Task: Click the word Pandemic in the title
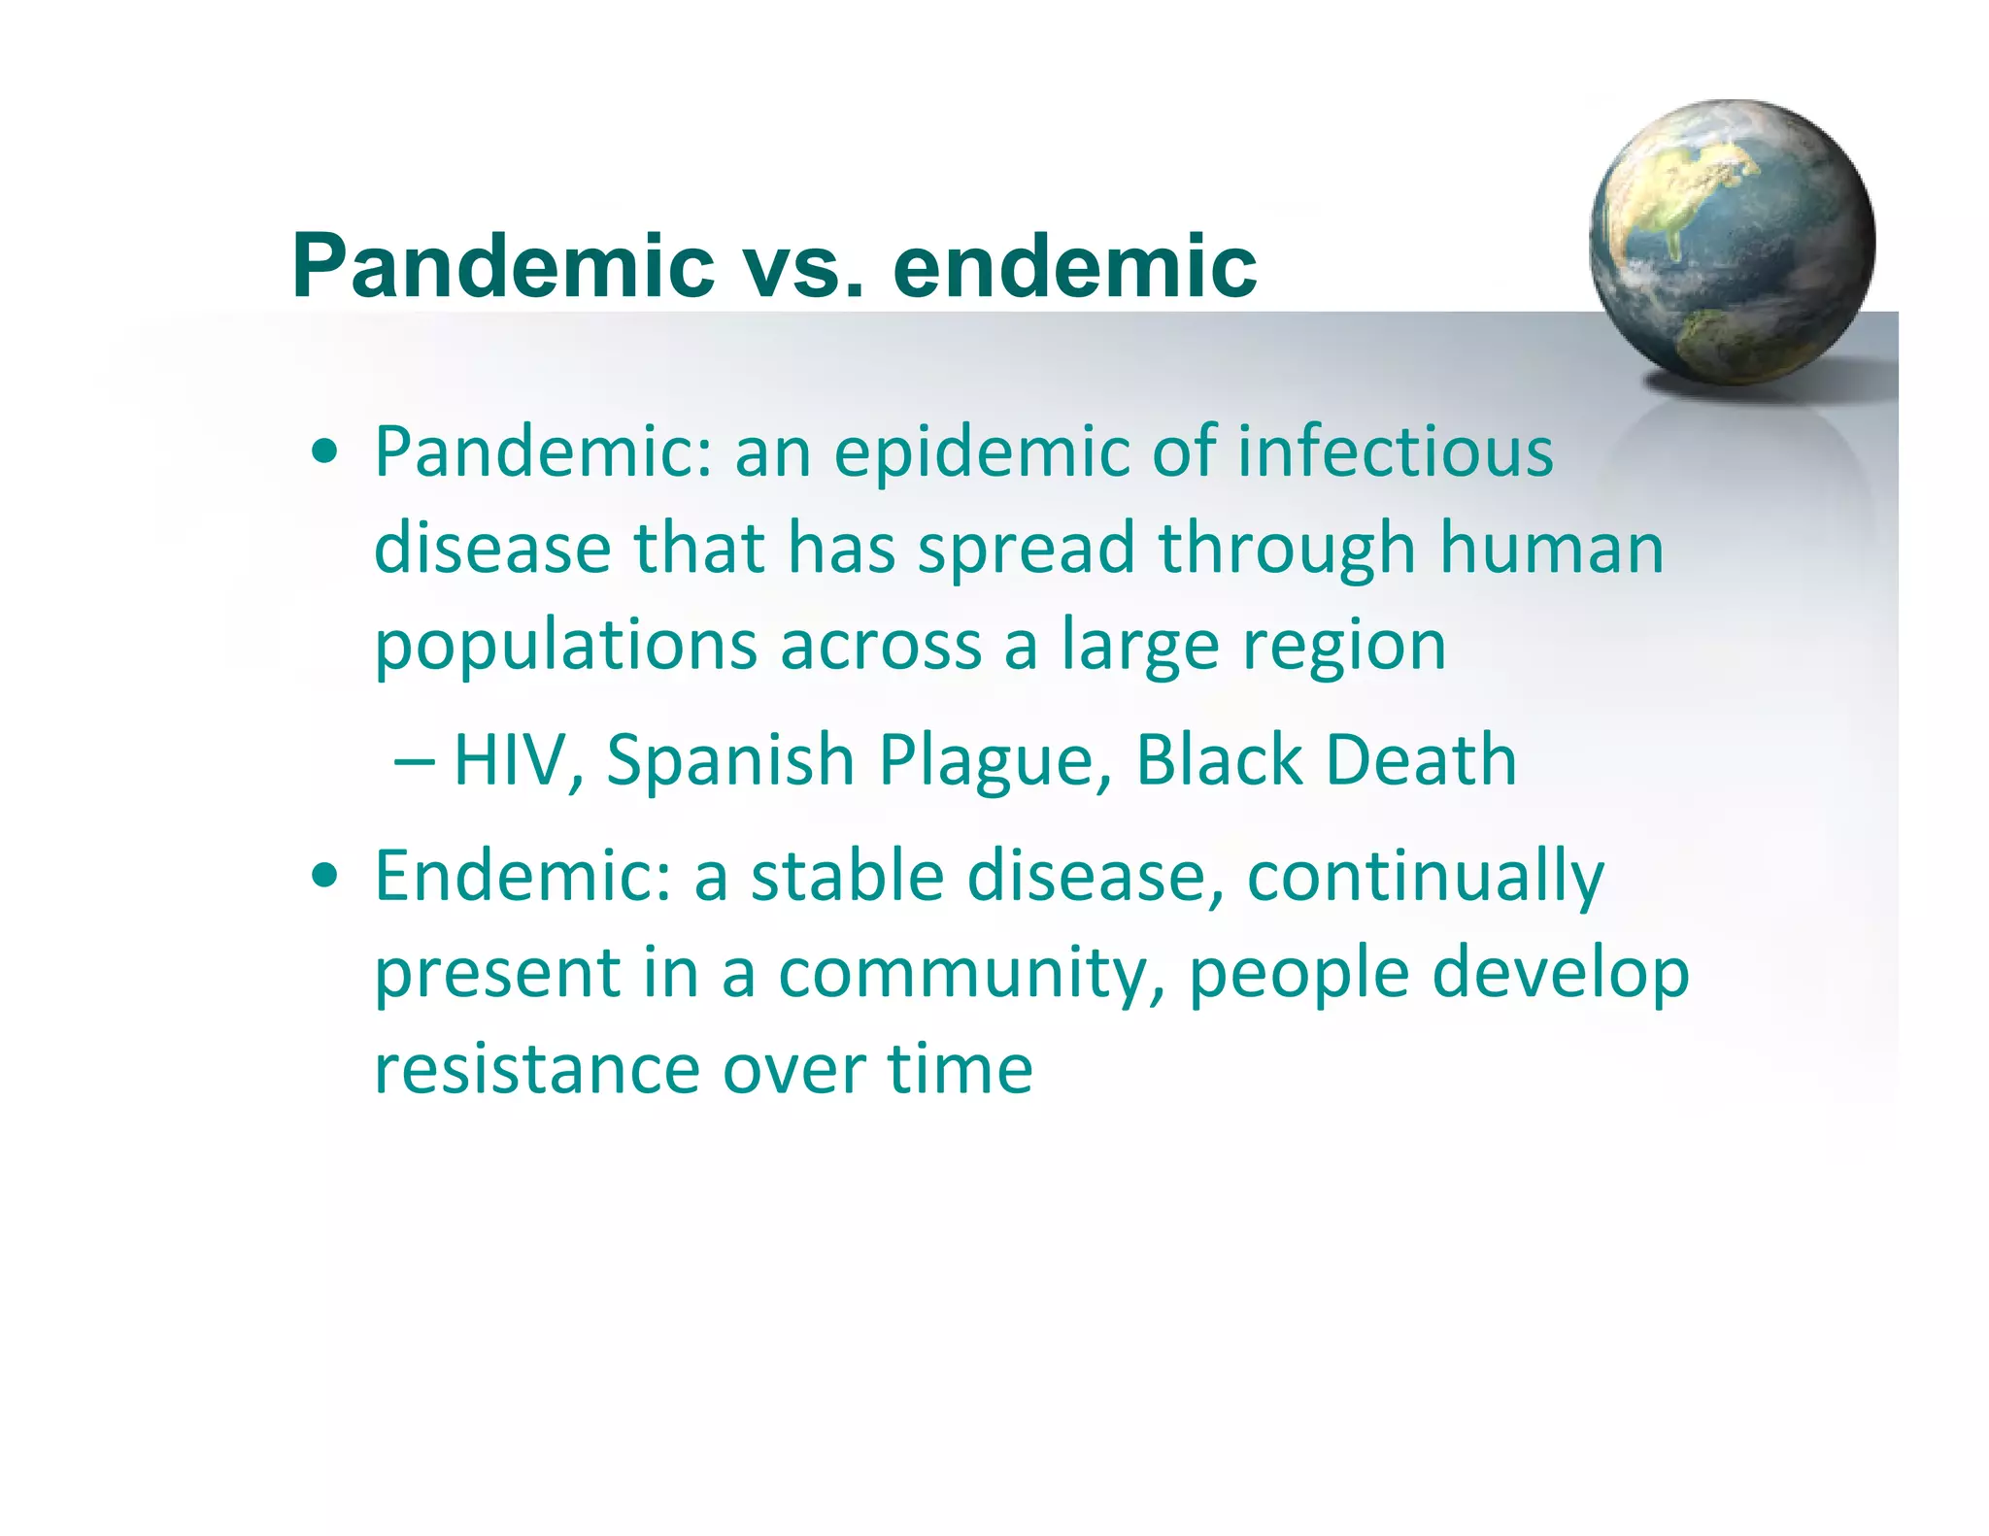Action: point(503,266)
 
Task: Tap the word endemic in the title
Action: point(1074,266)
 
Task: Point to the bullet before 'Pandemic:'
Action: point(325,452)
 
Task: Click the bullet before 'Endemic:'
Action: point(325,876)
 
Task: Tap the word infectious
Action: point(1395,452)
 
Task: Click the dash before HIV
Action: point(414,760)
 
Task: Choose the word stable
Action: point(847,876)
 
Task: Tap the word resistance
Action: point(537,1069)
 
